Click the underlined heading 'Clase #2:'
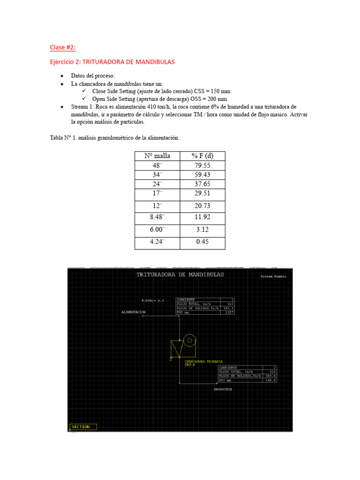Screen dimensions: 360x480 (x=63, y=47)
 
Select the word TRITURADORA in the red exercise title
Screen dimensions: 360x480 (x=103, y=62)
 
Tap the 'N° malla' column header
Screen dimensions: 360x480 (x=157, y=156)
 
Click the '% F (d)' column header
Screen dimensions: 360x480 (x=202, y=156)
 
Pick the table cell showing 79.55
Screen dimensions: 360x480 (x=202, y=165)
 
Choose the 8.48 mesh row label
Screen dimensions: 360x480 (x=157, y=217)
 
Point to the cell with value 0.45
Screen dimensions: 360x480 (x=202, y=242)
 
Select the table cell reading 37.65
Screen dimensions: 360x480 (x=202, y=184)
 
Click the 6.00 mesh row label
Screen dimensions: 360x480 (x=157, y=230)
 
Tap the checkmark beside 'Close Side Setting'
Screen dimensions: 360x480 (x=84, y=91)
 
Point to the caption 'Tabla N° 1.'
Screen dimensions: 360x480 (x=65, y=138)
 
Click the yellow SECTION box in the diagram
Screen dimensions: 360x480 (x=83, y=427)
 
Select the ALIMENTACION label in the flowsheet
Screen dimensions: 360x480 (x=134, y=312)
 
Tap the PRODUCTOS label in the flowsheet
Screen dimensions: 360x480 (x=223, y=389)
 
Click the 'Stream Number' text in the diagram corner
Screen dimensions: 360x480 (x=273, y=277)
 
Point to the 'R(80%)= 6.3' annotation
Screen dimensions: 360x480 (x=152, y=300)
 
